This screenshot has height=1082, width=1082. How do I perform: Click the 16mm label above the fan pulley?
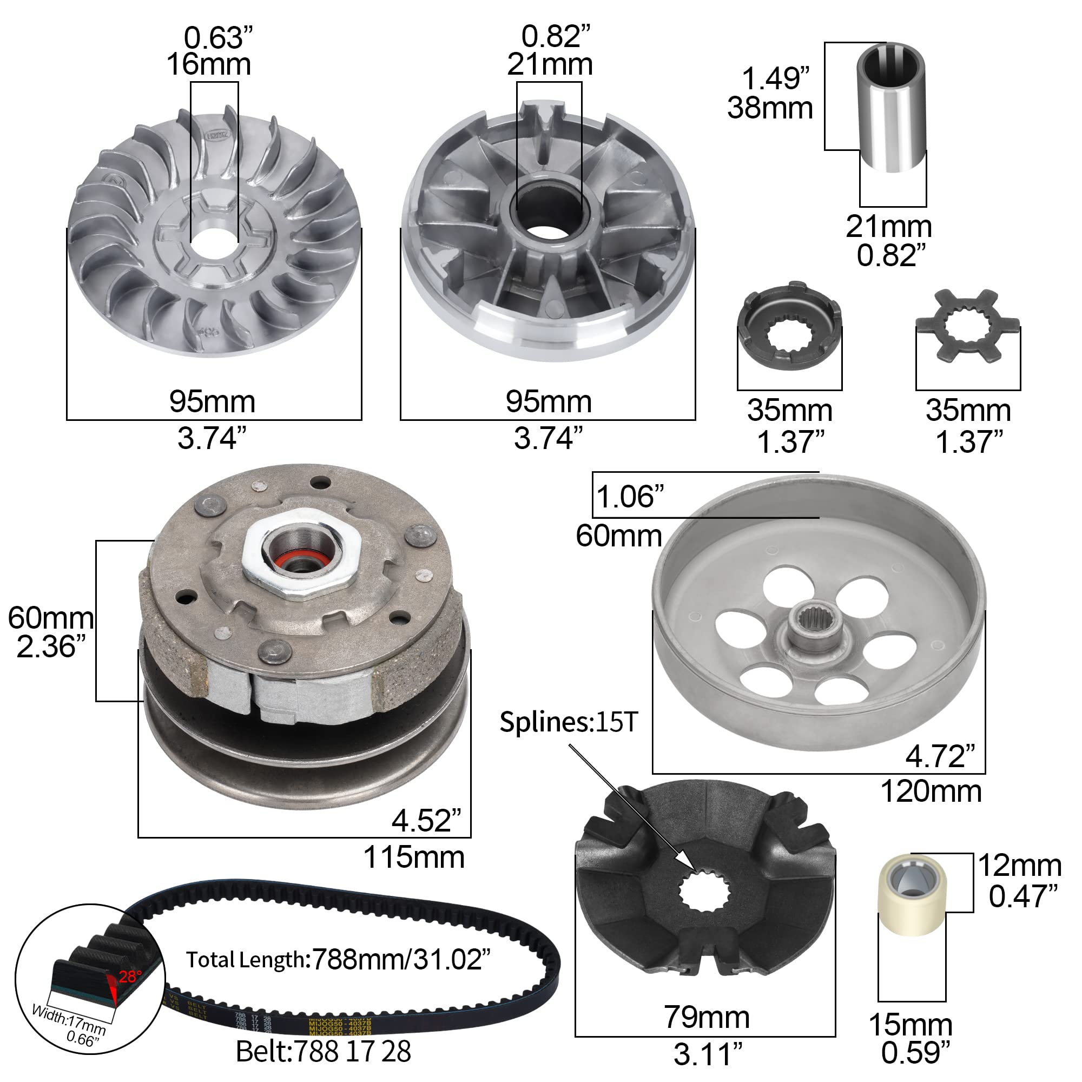[208, 64]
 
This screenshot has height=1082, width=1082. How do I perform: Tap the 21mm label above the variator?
[550, 64]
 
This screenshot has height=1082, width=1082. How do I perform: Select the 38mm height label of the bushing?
[769, 108]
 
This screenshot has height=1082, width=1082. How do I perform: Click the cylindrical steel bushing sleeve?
[892, 107]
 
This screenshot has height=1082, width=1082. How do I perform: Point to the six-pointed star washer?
[967, 326]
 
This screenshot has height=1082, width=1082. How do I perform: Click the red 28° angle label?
[130, 977]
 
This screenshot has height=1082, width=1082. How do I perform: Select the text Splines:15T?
[568, 722]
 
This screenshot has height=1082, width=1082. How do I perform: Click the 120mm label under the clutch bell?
[931, 792]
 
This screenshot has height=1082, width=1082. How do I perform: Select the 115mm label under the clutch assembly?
[414, 857]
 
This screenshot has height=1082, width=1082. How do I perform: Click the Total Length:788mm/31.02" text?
[338, 960]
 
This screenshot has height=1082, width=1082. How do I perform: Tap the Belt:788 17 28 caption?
[323, 1051]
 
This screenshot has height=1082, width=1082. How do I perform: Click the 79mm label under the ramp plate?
[706, 1017]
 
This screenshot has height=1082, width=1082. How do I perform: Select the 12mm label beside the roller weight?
[1019, 866]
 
